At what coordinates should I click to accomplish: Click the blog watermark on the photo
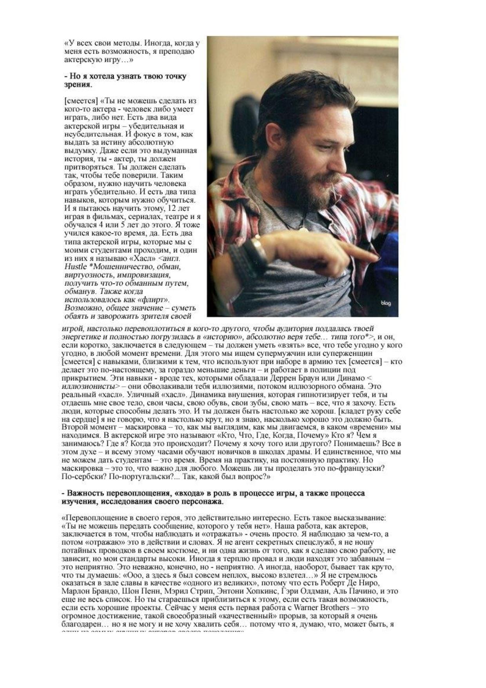386,303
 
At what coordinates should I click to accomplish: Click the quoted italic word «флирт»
152,300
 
